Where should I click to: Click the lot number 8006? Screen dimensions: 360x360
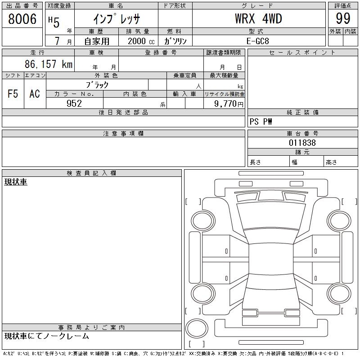[x=22, y=19]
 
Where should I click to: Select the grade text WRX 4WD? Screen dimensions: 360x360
[x=258, y=18]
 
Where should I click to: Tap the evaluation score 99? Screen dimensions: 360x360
[x=343, y=18]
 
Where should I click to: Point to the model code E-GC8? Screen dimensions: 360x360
[x=257, y=41]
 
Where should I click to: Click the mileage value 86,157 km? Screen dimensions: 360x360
[x=49, y=64]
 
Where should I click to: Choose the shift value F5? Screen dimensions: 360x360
[x=13, y=94]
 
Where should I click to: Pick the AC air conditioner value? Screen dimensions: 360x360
[x=35, y=94]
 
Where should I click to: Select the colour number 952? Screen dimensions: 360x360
[x=74, y=103]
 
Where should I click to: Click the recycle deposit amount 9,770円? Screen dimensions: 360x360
[x=229, y=104]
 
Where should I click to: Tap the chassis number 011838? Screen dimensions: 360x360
[x=302, y=143]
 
